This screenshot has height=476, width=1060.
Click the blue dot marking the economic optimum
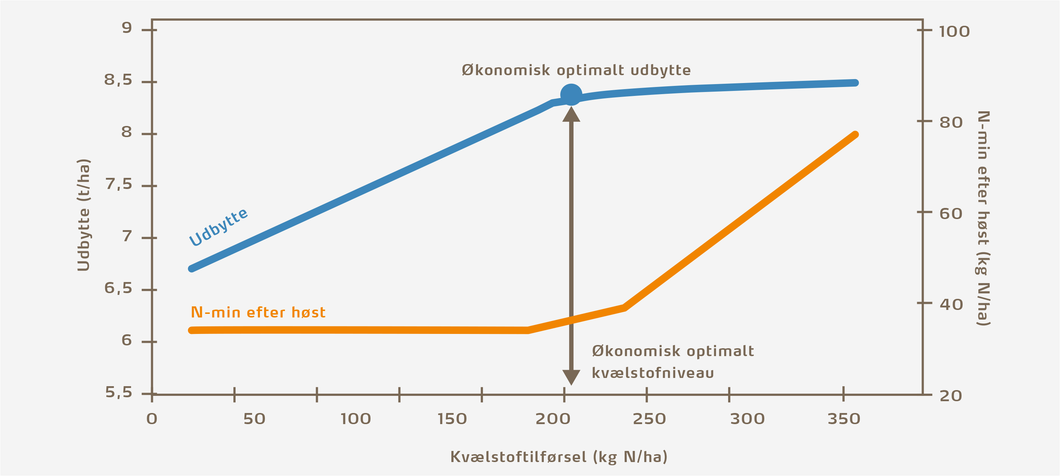click(571, 94)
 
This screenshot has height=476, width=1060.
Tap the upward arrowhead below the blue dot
click(571, 115)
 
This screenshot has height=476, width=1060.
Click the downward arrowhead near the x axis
click(571, 377)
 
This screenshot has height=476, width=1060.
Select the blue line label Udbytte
click(218, 227)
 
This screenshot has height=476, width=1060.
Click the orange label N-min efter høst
click(258, 313)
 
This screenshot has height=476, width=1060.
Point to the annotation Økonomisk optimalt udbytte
click(576, 71)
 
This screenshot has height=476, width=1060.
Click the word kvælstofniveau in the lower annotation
click(653, 373)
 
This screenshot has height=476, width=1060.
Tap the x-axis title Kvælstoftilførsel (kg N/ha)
click(559, 457)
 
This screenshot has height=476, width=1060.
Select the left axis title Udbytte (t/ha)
click(83, 215)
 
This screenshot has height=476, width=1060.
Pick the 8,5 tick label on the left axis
click(118, 80)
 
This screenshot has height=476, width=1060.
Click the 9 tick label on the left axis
click(127, 28)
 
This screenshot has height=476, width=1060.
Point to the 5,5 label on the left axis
click(119, 393)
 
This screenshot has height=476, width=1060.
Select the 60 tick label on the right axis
click(950, 214)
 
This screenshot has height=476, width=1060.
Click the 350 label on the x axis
click(843, 419)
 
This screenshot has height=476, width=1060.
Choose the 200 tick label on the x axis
click(553, 419)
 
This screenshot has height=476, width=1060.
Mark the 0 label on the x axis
click(152, 419)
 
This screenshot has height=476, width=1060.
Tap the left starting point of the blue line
click(192, 269)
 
